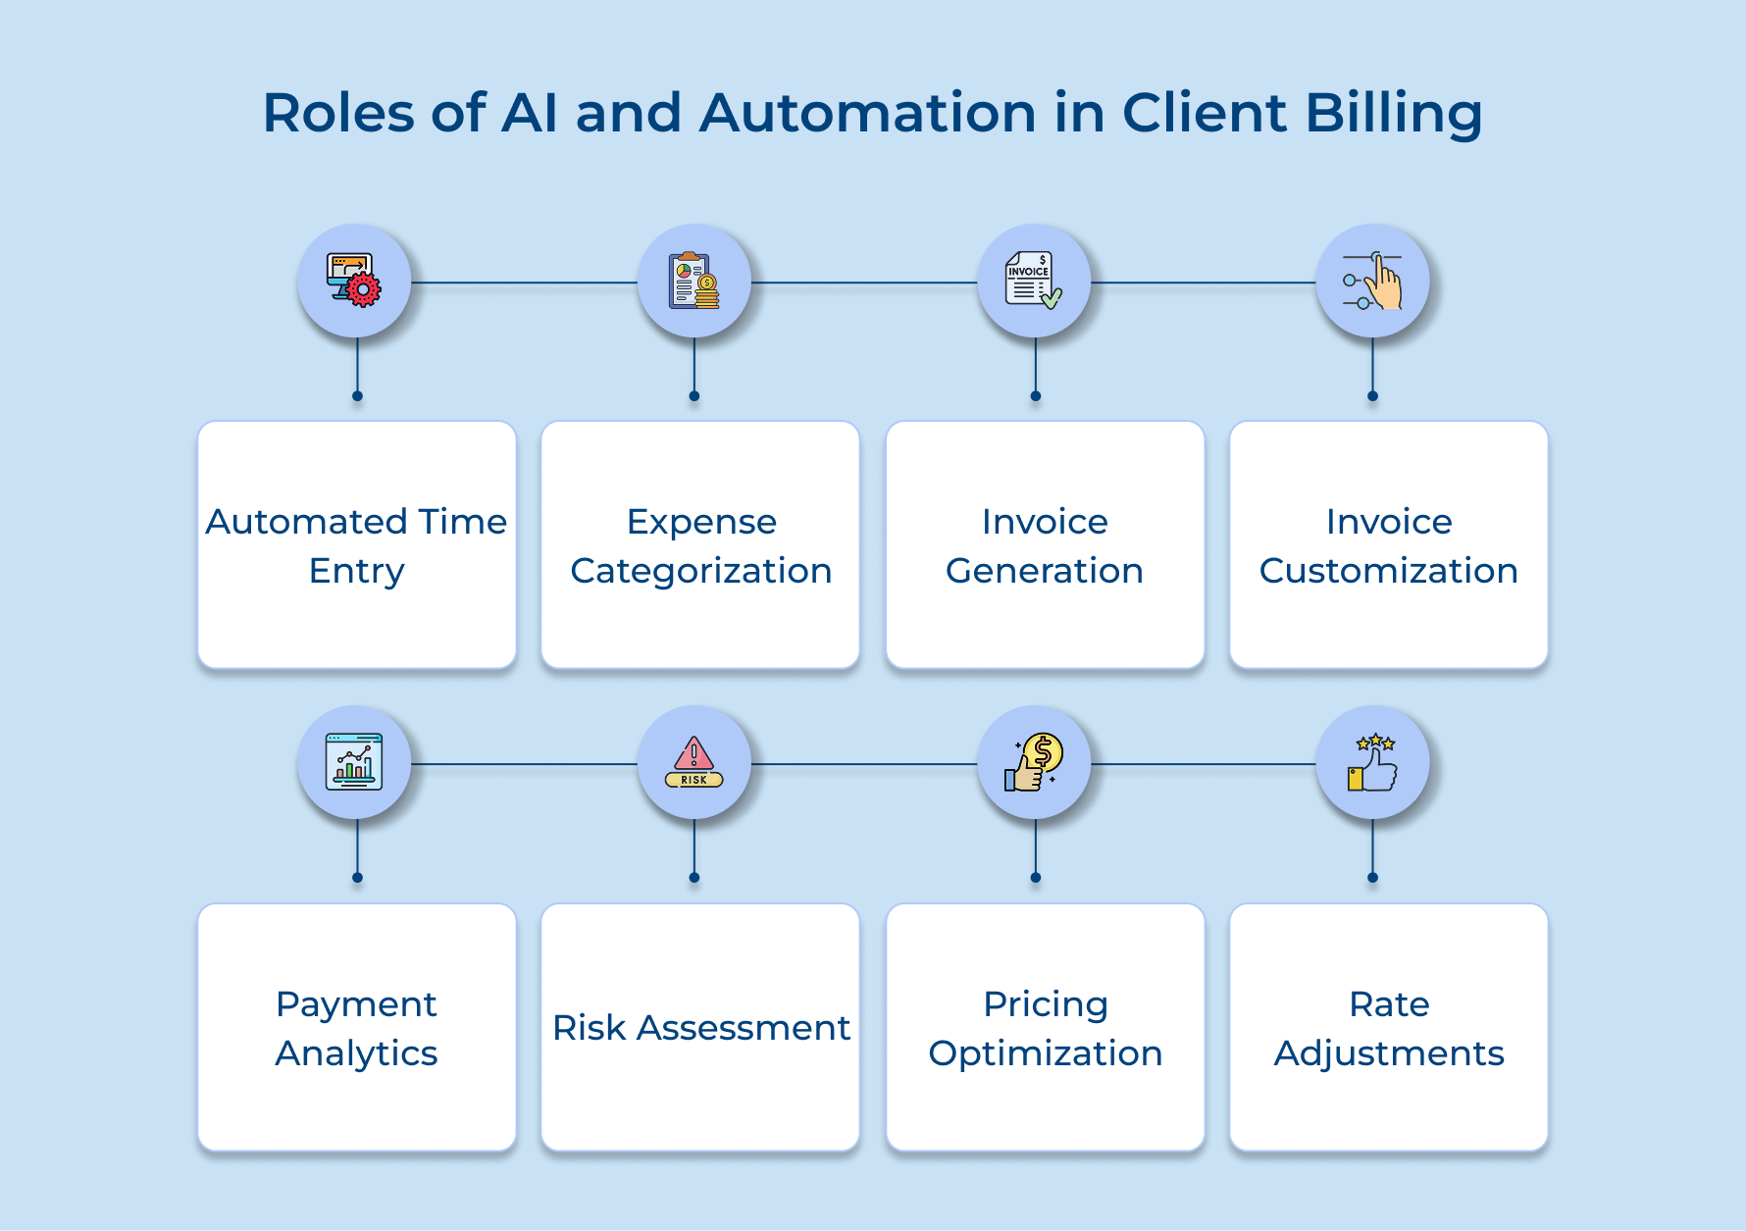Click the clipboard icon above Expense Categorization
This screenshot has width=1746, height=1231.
(x=693, y=282)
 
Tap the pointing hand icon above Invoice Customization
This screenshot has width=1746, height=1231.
(x=1372, y=282)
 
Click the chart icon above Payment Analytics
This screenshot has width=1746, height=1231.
(x=354, y=762)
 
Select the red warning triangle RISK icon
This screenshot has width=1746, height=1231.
(x=693, y=762)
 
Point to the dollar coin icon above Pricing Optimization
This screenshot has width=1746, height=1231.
(x=1034, y=762)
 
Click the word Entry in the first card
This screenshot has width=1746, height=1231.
(x=357, y=571)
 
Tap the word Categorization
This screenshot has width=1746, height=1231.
(x=701, y=571)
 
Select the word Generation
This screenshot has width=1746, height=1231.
(x=1045, y=571)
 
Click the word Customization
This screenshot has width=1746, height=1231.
(x=1389, y=571)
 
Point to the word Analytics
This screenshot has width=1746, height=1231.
(x=357, y=1053)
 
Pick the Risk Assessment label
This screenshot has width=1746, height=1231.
(x=701, y=1028)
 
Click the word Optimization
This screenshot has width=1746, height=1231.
(x=1046, y=1053)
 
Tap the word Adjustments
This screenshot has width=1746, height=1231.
(x=1389, y=1053)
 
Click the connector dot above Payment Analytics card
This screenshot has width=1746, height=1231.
(x=357, y=878)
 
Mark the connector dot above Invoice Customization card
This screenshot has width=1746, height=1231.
(x=1372, y=396)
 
